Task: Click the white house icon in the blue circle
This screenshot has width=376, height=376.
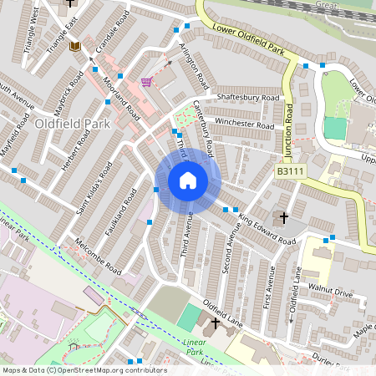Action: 188,180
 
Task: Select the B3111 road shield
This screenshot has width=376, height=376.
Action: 289,170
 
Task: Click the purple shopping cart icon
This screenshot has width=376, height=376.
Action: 147,81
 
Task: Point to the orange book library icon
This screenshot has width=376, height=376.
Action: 74,45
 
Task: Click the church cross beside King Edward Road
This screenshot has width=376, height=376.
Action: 284,218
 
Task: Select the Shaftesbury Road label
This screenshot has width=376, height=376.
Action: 247,98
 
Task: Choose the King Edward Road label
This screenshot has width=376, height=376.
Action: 267,231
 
